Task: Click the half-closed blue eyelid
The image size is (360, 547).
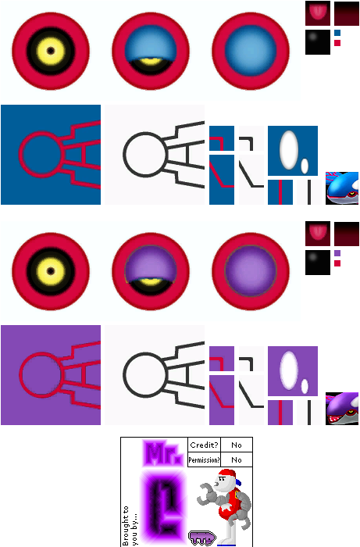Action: (151, 44)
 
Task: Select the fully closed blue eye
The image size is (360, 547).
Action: (251, 51)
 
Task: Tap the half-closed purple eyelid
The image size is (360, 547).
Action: (151, 264)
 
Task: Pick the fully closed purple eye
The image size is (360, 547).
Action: (251, 271)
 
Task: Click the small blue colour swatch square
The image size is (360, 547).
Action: (337, 33)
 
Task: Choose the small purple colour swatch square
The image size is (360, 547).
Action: (337, 253)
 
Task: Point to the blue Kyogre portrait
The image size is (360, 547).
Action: (342, 188)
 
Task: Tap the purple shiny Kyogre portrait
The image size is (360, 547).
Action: (342, 409)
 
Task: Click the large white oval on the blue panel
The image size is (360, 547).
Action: (289, 150)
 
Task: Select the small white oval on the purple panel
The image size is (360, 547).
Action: (305, 387)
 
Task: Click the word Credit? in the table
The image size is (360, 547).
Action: (205, 445)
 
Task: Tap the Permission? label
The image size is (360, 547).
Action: (205, 459)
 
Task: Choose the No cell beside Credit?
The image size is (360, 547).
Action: (237, 445)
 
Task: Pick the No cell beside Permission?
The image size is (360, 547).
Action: (237, 459)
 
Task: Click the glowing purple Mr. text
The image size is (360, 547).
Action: (162, 453)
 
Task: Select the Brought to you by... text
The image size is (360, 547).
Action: (129, 526)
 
